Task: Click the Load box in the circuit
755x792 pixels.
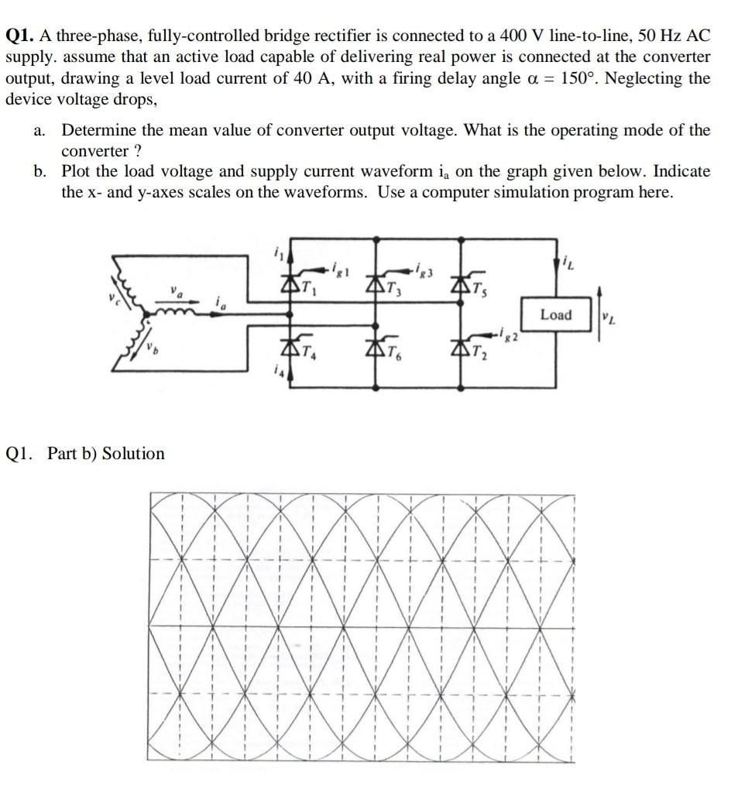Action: (x=555, y=315)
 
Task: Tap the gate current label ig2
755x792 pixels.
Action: (x=506, y=336)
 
